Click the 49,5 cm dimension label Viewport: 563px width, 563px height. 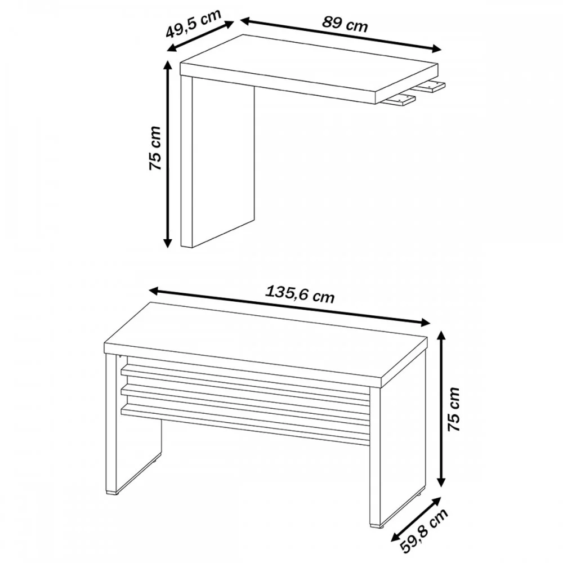[x=193, y=23]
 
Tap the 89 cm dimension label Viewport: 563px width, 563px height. [x=345, y=24]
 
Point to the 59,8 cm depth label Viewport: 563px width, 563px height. [x=424, y=536]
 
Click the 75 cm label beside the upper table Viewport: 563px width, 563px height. [x=155, y=148]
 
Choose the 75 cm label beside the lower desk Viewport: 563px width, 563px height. [x=453, y=409]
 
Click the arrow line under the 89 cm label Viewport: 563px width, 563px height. [x=341, y=35]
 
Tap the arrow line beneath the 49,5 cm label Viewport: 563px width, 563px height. [x=201, y=37]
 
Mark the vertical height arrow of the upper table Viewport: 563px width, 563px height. [x=167, y=154]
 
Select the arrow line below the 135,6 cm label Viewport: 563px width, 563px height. [x=289, y=306]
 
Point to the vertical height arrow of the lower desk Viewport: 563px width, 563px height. [x=442, y=409]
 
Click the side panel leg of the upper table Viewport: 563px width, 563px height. [x=217, y=162]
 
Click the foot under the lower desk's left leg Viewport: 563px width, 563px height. [x=112, y=494]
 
